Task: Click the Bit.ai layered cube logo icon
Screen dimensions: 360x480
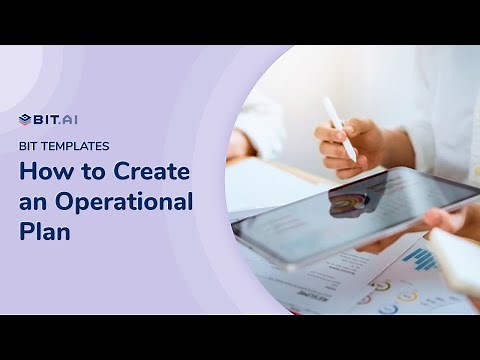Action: point(25,120)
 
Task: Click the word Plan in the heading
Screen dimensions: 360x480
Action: point(45,232)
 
